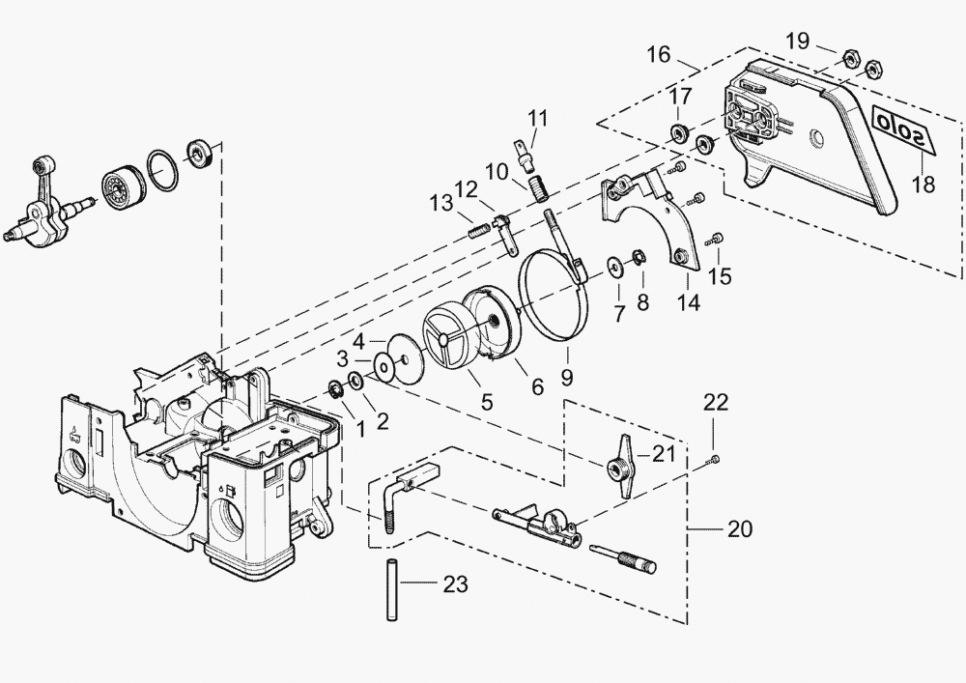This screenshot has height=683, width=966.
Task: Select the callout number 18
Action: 923,184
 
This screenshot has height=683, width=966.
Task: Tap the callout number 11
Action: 536,119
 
